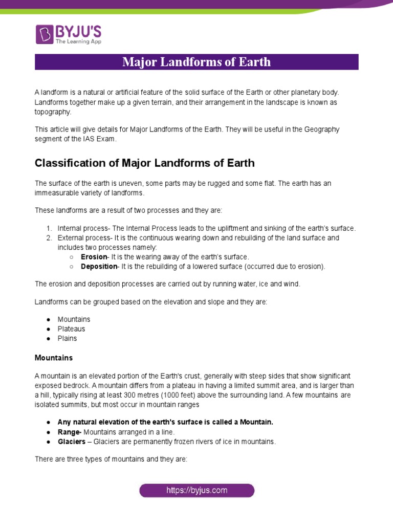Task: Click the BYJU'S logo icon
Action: click(x=44, y=34)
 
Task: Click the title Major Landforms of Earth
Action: click(x=196, y=62)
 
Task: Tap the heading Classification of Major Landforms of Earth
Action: click(x=144, y=163)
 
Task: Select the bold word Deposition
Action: click(x=99, y=266)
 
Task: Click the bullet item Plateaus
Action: click(x=71, y=329)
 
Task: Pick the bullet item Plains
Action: click(x=67, y=338)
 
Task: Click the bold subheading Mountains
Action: click(x=54, y=357)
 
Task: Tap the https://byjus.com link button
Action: click(x=196, y=490)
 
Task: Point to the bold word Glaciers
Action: click(x=72, y=442)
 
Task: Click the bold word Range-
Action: click(x=70, y=432)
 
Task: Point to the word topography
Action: click(x=53, y=111)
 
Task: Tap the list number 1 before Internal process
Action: click(x=49, y=228)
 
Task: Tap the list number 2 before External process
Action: click(x=49, y=238)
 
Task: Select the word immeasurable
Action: click(x=60, y=193)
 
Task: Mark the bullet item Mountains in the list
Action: click(x=74, y=319)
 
